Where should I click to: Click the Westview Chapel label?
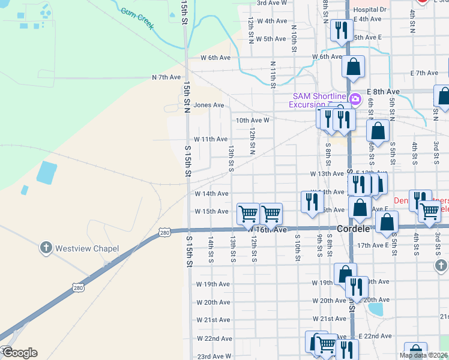point(87,248)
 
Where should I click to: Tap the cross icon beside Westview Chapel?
point(46,247)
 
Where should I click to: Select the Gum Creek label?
point(137,19)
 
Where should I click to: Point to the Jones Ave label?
point(208,105)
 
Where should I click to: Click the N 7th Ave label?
point(166,77)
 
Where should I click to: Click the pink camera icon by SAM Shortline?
point(355,98)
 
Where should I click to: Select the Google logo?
point(20,353)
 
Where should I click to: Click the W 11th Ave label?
point(213,139)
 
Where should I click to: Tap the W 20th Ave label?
point(213,302)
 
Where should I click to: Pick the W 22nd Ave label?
point(214,338)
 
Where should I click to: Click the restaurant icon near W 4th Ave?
point(341,30)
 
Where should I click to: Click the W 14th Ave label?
point(211,194)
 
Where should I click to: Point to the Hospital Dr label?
point(370,10)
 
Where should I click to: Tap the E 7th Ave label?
point(424,73)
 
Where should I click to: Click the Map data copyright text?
point(424,355)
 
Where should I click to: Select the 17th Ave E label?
point(372,245)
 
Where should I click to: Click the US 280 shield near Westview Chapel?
point(165,232)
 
